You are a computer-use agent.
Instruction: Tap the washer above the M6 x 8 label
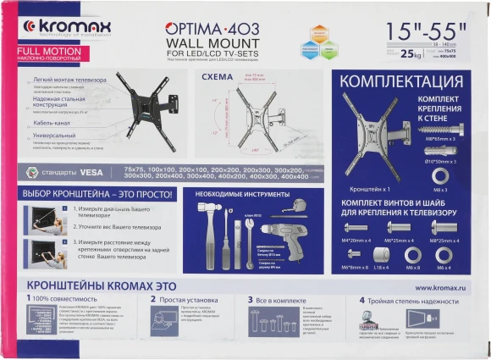414,254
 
